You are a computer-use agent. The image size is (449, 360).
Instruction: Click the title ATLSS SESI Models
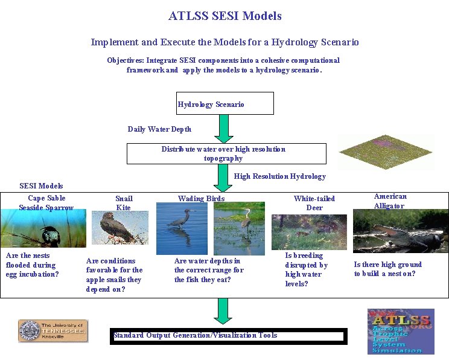[224, 16]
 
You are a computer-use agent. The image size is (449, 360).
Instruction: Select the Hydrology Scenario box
[225, 103]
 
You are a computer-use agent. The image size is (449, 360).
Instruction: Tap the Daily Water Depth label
[159, 129]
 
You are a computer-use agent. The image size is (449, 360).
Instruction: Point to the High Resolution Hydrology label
[279, 176]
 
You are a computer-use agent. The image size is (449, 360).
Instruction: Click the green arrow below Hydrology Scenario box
[224, 128]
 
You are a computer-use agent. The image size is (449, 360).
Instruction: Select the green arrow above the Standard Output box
[223, 310]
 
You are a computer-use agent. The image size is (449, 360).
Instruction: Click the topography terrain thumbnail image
[386, 152]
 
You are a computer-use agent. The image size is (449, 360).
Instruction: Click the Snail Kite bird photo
[120, 228]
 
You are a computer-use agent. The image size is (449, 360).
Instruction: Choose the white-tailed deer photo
[309, 232]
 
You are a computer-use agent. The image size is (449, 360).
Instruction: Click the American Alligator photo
[400, 231]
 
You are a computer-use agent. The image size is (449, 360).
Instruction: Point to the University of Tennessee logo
[53, 331]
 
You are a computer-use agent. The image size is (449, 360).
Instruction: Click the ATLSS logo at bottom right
[400, 331]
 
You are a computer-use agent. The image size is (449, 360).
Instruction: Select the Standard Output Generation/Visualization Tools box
[227, 336]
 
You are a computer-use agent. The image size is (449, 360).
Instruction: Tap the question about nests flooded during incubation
[33, 265]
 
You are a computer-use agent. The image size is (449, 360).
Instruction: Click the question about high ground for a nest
[387, 269]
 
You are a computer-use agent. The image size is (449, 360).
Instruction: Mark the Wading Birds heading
[201, 198]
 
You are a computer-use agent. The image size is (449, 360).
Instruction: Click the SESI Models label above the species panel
[41, 185]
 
